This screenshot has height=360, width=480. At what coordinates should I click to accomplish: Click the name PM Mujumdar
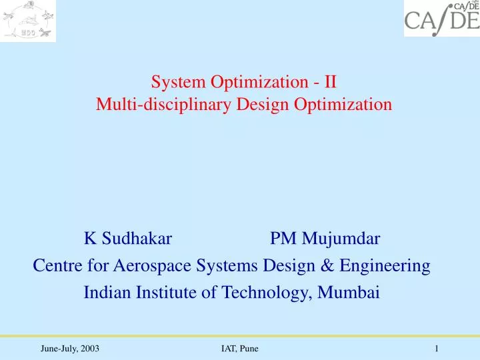click(x=325, y=238)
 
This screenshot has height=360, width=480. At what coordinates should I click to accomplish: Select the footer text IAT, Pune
click(x=239, y=349)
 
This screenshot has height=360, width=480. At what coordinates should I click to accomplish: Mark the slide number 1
click(x=435, y=349)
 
